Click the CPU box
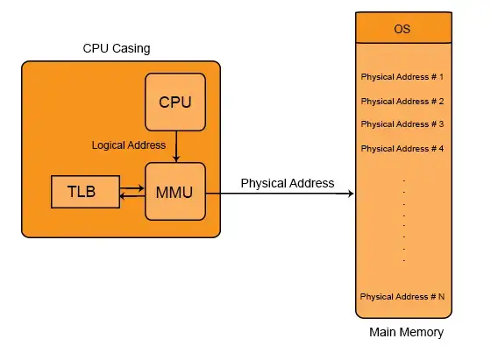tap(175, 102)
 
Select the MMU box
tap(175, 192)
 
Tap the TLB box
tap(86, 192)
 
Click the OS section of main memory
tap(403, 28)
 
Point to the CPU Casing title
tap(117, 48)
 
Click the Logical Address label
tap(129, 145)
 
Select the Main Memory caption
tap(407, 332)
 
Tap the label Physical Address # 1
tap(402, 77)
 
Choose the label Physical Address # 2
tap(402, 102)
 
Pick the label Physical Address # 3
tap(402, 124)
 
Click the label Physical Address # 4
tap(402, 149)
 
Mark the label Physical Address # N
tap(402, 297)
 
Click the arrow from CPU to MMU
tap(176, 146)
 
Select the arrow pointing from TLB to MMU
tap(132, 188)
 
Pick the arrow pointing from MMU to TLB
tap(132, 196)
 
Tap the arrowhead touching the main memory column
tap(350, 194)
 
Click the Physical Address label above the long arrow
tap(288, 183)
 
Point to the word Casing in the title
tap(132, 48)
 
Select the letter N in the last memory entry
tap(441, 297)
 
